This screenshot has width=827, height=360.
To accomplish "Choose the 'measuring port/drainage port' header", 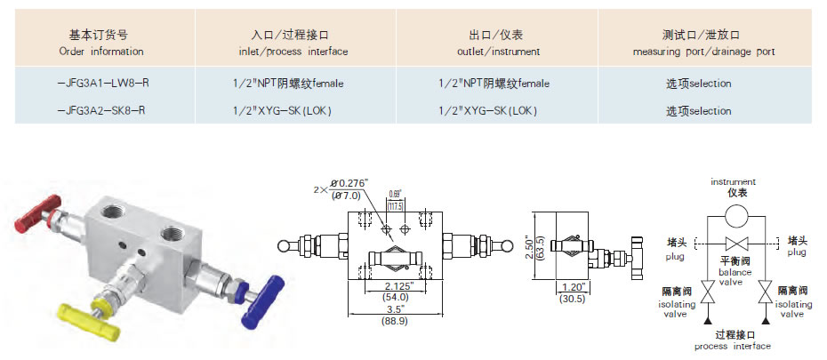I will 703,52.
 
